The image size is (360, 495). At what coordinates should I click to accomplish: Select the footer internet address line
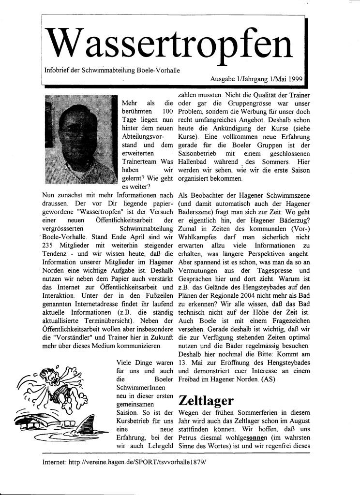[124, 462]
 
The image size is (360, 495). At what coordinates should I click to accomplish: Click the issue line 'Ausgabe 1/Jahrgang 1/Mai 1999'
[256, 78]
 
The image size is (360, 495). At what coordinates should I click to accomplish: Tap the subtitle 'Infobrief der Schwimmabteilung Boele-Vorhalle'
[112, 70]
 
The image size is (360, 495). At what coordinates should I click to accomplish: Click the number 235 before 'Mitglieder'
[50, 247]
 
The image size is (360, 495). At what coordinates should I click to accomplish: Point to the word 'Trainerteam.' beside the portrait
[143, 162]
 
